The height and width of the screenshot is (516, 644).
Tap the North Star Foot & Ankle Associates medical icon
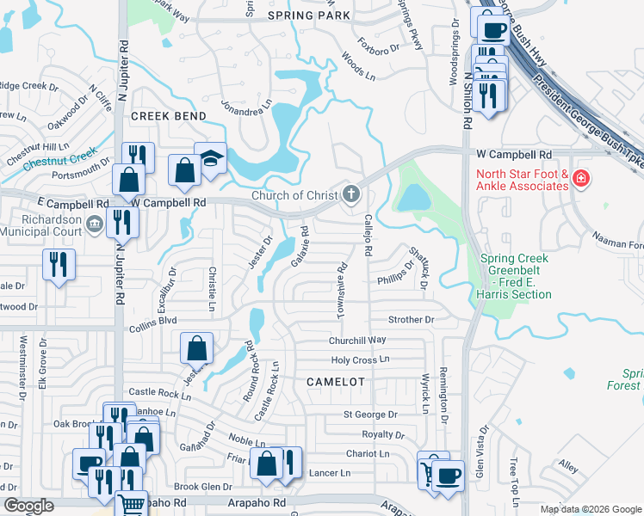pyautogui.click(x=581, y=179)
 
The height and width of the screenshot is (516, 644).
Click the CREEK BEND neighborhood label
pyautogui.click(x=168, y=116)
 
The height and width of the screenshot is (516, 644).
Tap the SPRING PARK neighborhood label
pyautogui.click(x=309, y=15)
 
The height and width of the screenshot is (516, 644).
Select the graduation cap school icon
pyautogui.click(x=210, y=160)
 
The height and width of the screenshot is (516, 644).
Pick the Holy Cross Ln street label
pyautogui.click(x=360, y=359)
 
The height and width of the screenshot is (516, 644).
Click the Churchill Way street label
pyautogui.click(x=356, y=341)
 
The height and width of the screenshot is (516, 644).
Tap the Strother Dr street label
pyautogui.click(x=411, y=320)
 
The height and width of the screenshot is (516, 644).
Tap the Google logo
pyautogui.click(x=28, y=507)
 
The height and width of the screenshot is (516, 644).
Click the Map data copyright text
pyautogui.click(x=591, y=509)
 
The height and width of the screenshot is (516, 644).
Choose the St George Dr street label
pyautogui.click(x=370, y=415)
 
